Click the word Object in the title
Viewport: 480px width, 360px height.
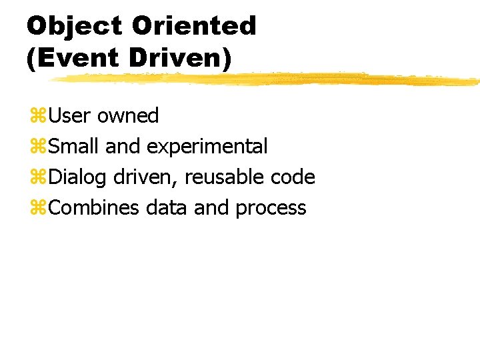[x=75, y=26]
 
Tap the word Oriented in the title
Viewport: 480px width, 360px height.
[x=194, y=26]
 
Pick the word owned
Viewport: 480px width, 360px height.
[x=128, y=116]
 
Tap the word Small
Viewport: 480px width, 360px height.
[x=75, y=147]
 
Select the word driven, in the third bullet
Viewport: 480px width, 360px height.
[x=146, y=177]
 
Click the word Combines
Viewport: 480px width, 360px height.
[x=94, y=208]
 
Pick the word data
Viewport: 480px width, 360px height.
[x=167, y=208]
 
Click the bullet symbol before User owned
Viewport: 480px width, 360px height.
[x=37, y=117]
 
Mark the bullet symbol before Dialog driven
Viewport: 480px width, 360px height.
[x=37, y=178]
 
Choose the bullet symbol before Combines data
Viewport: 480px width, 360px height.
[x=37, y=209]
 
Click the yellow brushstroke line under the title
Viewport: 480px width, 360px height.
[x=267, y=79]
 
